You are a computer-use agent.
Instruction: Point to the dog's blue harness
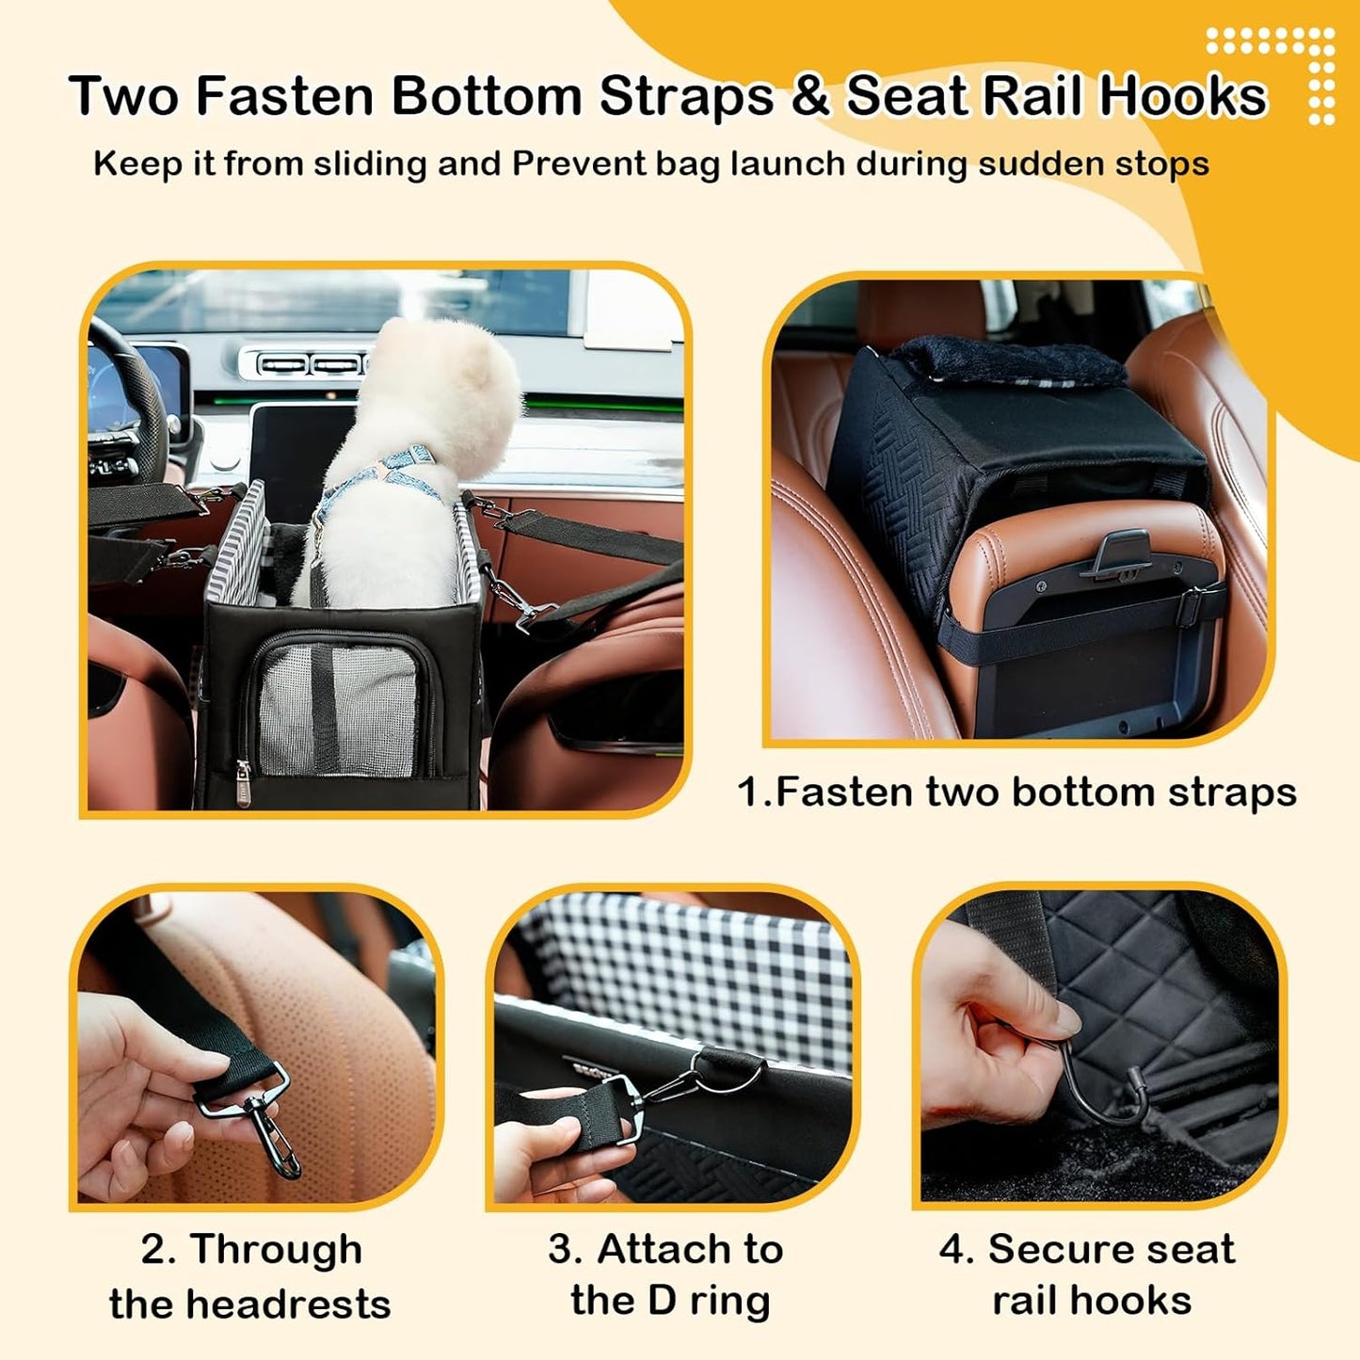[x=376, y=480]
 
